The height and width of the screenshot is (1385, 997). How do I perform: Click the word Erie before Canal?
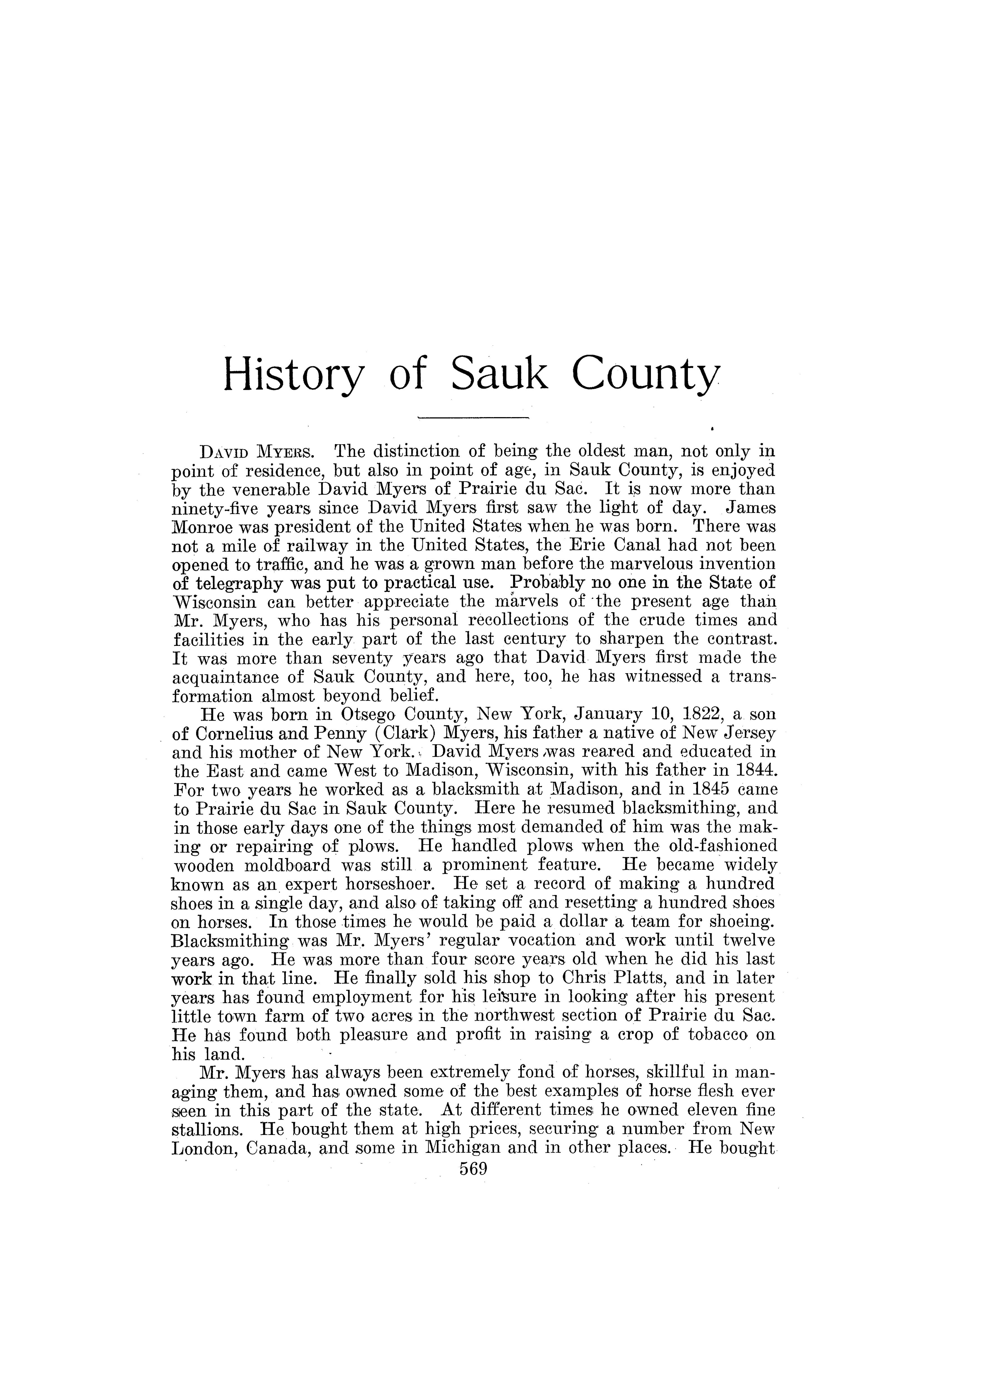[597, 545]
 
